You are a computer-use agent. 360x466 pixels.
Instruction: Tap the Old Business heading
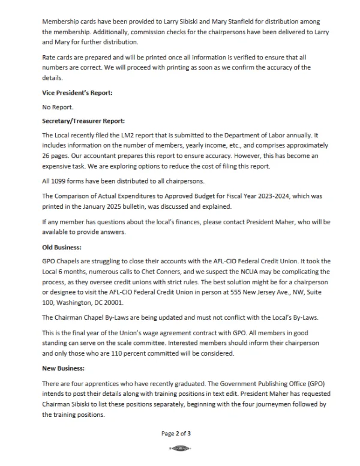pyautogui.click(x=62, y=246)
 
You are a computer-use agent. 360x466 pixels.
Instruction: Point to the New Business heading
pyautogui.click(x=64, y=368)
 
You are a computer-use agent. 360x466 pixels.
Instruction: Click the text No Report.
pyautogui.click(x=57, y=107)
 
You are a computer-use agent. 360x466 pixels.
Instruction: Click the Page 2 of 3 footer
pyautogui.click(x=176, y=432)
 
